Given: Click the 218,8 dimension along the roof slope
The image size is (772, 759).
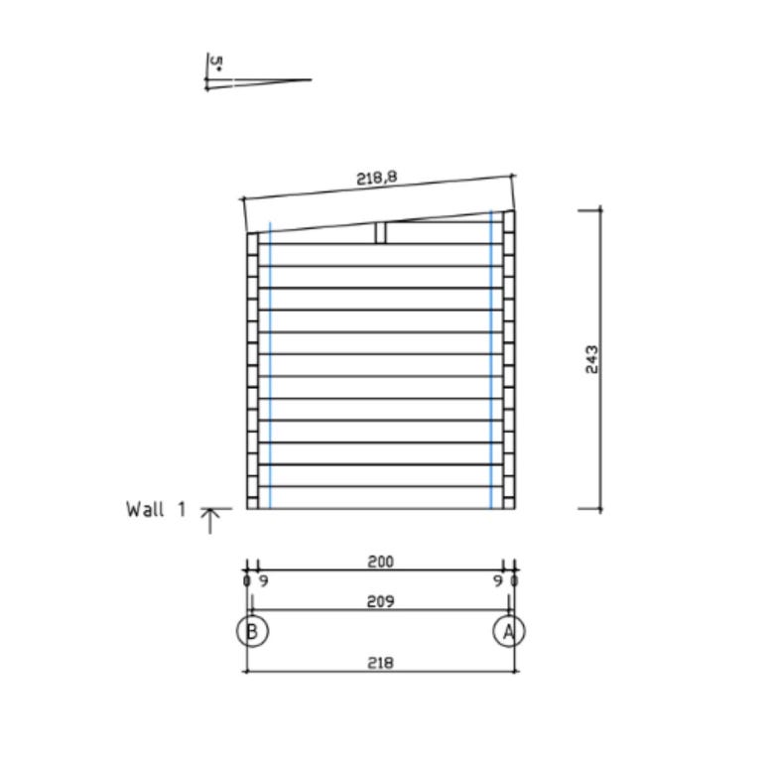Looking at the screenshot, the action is click(x=377, y=178).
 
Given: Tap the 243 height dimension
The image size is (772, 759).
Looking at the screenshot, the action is click(x=592, y=359).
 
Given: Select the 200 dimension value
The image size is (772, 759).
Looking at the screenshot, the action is click(x=381, y=562).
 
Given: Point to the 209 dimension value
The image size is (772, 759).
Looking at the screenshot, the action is click(x=381, y=601).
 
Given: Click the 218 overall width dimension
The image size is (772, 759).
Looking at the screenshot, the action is click(x=381, y=663).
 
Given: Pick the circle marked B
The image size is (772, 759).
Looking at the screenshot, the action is click(x=252, y=631).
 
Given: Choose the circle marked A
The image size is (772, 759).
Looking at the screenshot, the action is click(x=509, y=631).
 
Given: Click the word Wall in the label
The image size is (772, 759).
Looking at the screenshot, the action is click(x=145, y=509).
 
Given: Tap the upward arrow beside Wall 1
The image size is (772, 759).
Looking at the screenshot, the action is click(x=210, y=521).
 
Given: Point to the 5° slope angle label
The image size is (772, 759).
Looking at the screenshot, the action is click(x=216, y=63).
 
